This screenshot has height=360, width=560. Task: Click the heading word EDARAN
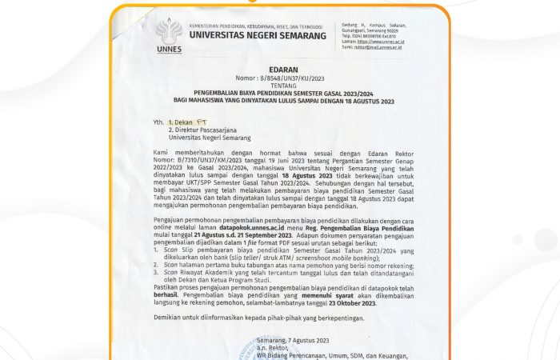[286, 70]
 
